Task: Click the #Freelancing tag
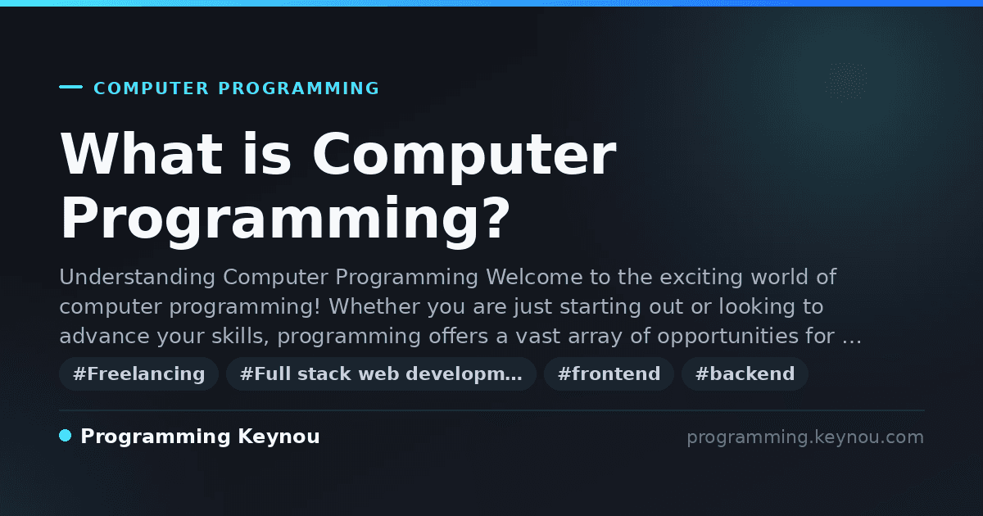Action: click(x=138, y=373)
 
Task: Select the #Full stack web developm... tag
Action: click(x=381, y=373)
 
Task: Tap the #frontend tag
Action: click(x=609, y=373)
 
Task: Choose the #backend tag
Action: click(x=745, y=373)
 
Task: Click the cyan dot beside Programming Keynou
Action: click(x=65, y=436)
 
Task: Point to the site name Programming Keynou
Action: click(x=200, y=437)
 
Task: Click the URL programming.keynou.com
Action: click(x=805, y=437)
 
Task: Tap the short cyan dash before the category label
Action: click(x=70, y=87)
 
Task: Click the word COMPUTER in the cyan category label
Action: click(x=151, y=88)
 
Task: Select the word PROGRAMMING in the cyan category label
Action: click(x=298, y=88)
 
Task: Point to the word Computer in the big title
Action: click(x=464, y=157)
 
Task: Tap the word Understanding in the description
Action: click(x=138, y=278)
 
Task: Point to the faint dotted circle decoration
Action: click(x=845, y=81)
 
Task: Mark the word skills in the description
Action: click(x=240, y=337)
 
